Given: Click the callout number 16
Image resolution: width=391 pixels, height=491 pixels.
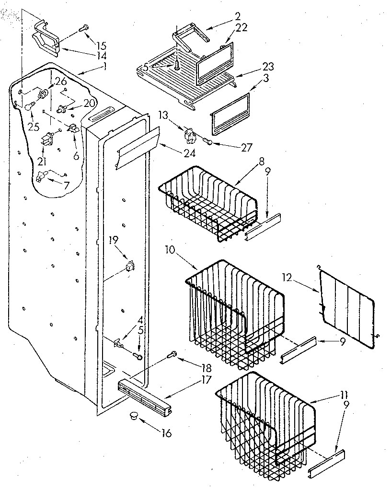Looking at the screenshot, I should pos(166,433).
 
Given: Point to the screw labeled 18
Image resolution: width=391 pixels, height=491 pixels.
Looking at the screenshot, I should pos(172,355).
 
